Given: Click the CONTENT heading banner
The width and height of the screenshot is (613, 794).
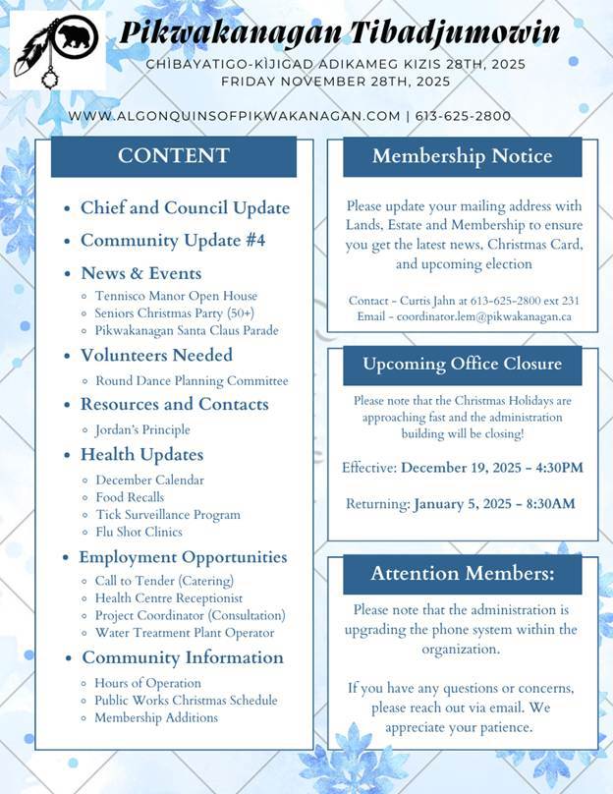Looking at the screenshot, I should point(174,156).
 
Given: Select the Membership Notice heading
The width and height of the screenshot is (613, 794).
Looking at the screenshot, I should point(462,156).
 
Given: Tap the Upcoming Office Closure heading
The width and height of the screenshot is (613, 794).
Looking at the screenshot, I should point(462,364).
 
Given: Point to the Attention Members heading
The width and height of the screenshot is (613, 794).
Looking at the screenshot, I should point(462,573).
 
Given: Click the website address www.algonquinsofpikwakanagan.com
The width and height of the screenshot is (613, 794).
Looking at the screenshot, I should point(235,116).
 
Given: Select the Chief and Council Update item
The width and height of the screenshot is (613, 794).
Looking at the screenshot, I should point(185,208).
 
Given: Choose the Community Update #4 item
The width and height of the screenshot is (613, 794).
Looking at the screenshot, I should point(173,241).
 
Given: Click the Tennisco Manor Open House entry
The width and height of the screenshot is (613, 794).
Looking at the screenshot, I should point(176,296).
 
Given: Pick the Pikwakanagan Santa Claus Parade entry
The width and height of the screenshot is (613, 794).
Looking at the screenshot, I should point(187,330).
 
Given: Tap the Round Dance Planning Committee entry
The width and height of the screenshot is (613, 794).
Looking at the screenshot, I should point(192,380).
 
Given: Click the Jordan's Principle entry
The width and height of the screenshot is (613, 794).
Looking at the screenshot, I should point(142,429).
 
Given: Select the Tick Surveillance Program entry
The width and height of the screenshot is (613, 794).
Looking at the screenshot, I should point(167,514).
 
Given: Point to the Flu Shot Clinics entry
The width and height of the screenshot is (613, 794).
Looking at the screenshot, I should point(139,532).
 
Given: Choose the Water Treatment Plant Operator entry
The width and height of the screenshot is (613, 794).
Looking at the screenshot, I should point(185,633).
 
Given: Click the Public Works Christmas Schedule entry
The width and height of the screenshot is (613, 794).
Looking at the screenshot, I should point(186,701).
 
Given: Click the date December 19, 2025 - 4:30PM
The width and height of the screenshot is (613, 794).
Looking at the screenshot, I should point(491,467).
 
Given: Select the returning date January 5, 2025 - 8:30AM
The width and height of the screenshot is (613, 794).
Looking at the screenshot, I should point(494,504).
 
